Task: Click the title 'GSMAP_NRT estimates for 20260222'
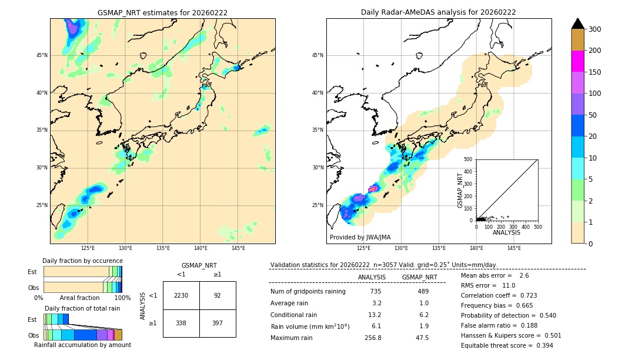[162, 12]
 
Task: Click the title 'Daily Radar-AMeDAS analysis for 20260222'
[439, 12]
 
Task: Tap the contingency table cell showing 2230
[181, 295]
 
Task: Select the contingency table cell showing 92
[218, 295]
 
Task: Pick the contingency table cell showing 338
[181, 323]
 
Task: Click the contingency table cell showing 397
[218, 323]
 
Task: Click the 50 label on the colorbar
[594, 115]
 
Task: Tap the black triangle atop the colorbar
[578, 24]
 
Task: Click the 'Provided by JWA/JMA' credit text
[360, 238]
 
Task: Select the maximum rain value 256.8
[372, 338]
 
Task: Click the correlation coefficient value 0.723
[524, 295]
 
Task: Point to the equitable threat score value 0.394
[541, 345]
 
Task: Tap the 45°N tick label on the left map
[42, 55]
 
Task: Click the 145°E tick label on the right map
[514, 248]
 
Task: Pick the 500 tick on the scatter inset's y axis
[469, 159]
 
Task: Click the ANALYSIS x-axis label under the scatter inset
[506, 232]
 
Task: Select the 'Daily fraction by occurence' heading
[82, 261]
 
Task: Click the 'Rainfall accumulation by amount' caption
[82, 345]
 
